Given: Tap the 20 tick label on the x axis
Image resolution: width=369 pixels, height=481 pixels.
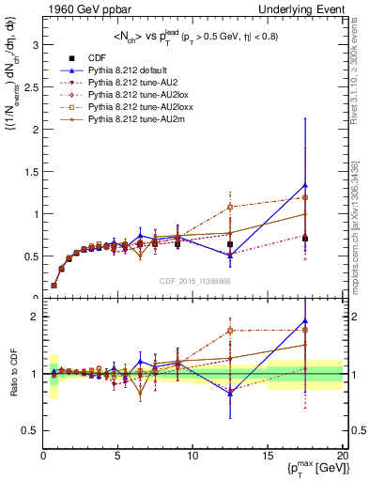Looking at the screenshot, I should point(342,455).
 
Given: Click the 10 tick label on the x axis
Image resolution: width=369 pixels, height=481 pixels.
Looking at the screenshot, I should point(192,455).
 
